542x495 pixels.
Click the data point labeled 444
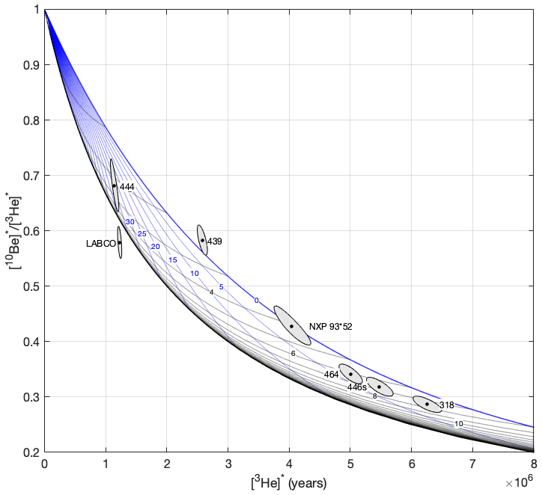114,185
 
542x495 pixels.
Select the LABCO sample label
100,243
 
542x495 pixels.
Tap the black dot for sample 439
202,240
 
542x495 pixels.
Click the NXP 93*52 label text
331,327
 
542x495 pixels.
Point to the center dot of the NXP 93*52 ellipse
292,326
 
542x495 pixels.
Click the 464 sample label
332,374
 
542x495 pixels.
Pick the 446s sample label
356,387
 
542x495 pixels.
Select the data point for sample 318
427,404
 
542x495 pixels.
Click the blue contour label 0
256,301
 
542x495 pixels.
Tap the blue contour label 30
130,222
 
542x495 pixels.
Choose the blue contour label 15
173,259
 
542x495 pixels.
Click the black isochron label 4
212,292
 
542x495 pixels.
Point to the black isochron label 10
459,424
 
